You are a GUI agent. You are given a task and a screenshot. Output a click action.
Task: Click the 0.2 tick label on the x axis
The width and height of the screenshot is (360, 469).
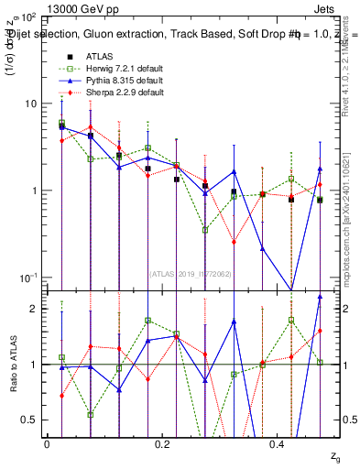162,443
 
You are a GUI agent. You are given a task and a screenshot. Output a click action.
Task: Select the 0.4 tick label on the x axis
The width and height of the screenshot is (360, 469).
278,443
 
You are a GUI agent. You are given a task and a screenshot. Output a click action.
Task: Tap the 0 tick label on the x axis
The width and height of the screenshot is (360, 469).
47,443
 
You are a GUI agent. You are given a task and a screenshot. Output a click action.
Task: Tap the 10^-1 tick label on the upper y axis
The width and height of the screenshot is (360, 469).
28,278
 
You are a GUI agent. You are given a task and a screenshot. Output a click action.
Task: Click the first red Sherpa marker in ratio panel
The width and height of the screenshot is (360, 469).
61,396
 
